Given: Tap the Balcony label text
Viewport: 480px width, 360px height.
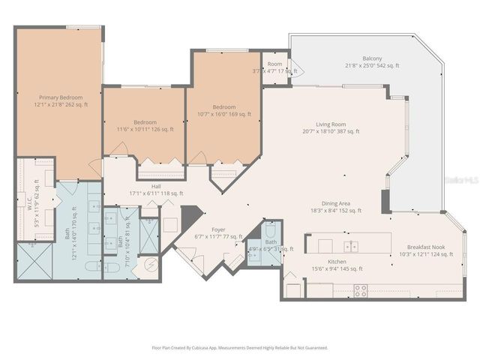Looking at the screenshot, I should click(372, 58).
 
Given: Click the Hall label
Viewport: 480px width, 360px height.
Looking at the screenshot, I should click(156, 186).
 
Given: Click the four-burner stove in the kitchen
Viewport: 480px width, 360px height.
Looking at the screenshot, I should click(361, 289).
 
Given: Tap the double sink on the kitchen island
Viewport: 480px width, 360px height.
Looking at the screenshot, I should click(350, 246).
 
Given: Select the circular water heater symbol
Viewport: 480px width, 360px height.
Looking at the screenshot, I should click(151, 265).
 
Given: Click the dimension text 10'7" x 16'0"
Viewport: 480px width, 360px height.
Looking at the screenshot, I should click(224, 114).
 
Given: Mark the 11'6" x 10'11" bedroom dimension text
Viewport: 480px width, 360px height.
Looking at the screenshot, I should click(145, 129).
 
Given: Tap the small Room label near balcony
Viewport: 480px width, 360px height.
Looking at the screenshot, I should click(275, 64).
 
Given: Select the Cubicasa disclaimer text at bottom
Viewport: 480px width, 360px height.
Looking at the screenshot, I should click(239, 347).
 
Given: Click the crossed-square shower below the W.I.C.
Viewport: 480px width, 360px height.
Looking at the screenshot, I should click(34, 262).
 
